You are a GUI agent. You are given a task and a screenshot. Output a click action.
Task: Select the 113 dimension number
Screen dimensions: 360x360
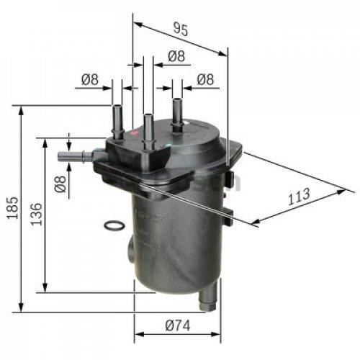pos(300,194)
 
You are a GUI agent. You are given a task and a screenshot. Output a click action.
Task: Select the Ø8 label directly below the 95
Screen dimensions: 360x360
pos(175,55)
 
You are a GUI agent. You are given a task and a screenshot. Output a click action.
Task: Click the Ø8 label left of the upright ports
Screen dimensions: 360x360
pos(89,80)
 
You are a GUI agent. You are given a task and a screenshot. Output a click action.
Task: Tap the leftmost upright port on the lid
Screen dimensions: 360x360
pos(117,119)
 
